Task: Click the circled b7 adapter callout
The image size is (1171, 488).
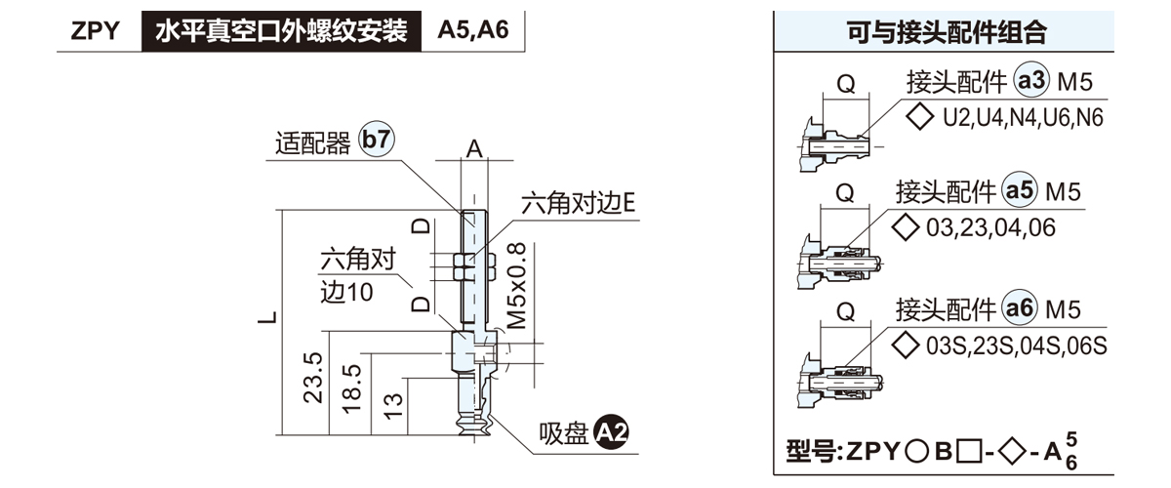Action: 377,141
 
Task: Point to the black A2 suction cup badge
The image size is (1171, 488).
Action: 612,432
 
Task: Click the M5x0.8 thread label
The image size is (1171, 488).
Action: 517,285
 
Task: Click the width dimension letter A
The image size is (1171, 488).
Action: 474,148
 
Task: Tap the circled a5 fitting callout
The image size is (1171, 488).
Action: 1020,191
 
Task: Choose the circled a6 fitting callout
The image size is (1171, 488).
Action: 1020,309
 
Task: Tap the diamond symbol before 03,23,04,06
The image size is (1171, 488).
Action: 907,227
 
